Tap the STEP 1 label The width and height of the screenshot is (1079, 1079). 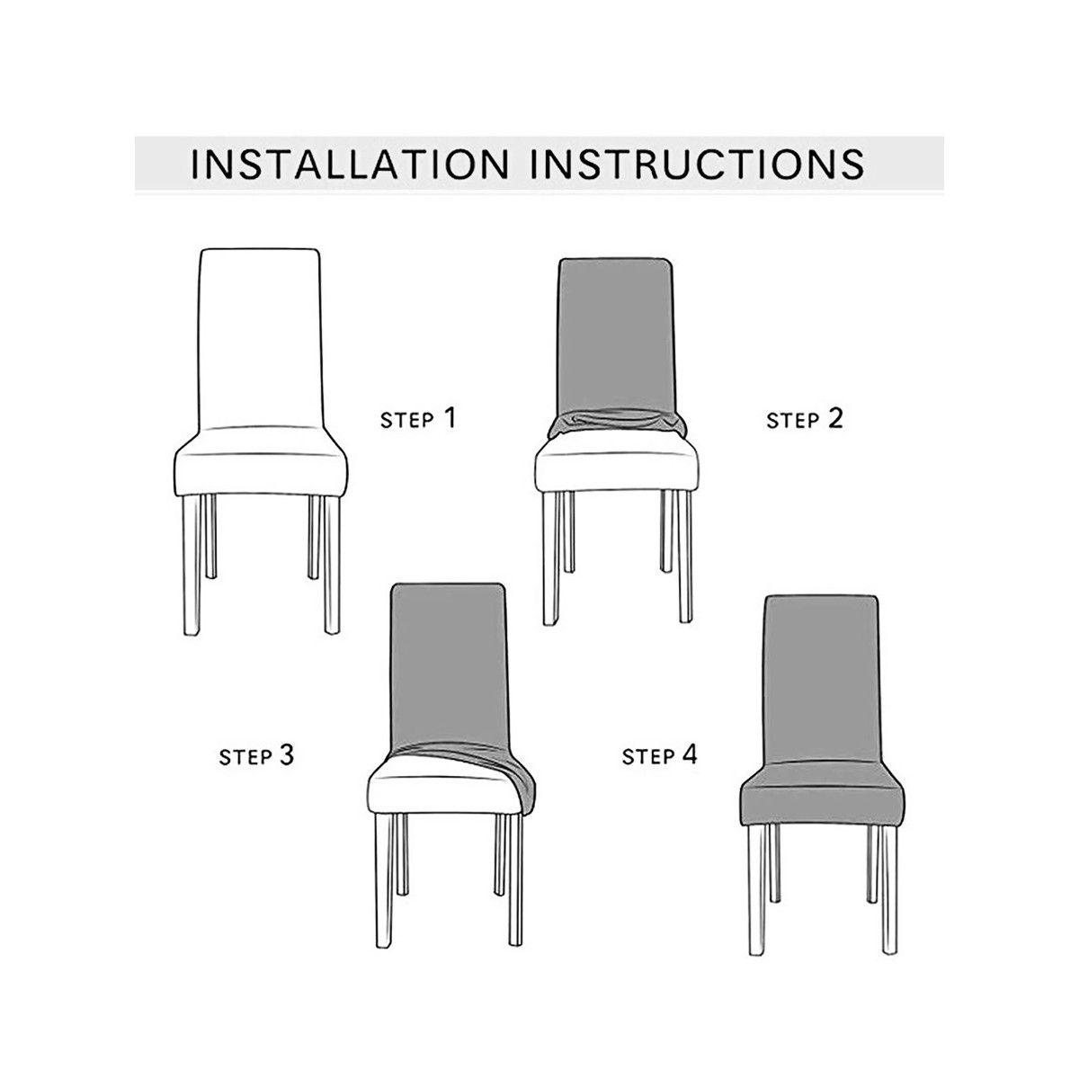418,418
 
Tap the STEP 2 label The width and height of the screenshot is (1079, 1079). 805,418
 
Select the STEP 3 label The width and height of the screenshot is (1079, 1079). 256,755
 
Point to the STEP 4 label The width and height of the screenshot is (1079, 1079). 660,755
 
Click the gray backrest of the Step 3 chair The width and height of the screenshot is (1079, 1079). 446,665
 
